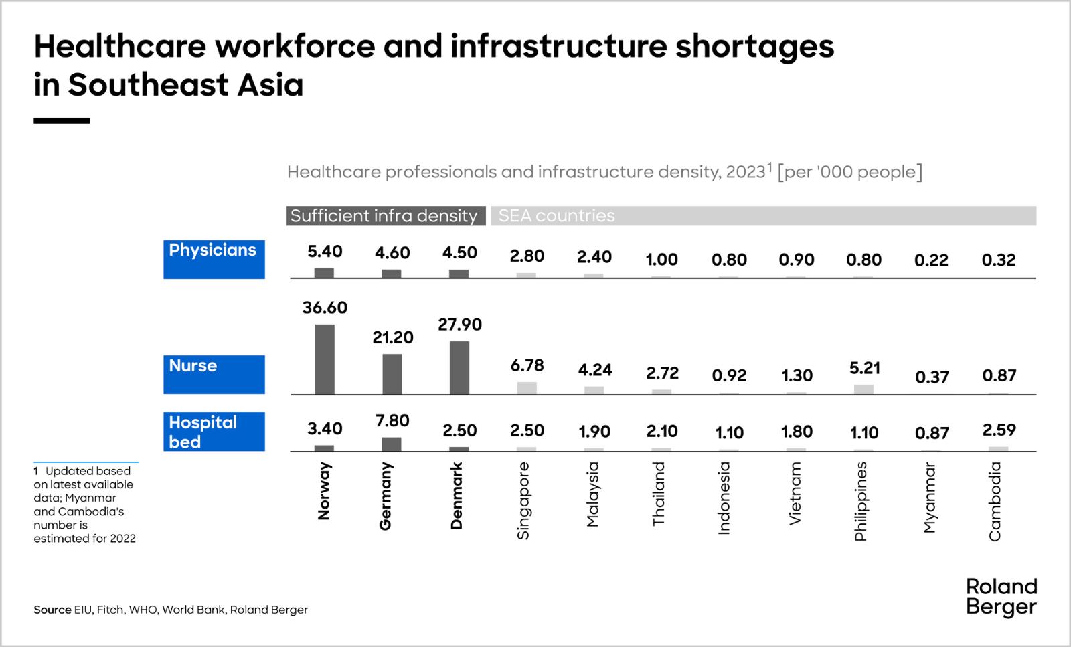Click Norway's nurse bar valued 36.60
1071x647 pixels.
point(325,359)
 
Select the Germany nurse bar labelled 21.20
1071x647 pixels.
point(392,374)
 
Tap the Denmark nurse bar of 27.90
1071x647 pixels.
point(459,368)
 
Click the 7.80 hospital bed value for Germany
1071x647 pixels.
point(393,420)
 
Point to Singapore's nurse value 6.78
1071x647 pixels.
point(527,365)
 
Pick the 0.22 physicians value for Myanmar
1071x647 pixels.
point(931,260)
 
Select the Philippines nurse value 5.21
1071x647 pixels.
point(863,368)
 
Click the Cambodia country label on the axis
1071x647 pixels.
point(995,501)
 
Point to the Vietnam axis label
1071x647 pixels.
point(795,494)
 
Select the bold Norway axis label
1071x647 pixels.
point(325,491)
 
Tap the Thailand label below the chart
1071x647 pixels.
point(659,494)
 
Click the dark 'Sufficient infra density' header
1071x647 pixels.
point(386,216)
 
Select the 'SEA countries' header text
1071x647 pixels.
point(556,216)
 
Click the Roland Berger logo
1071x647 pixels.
point(1001,597)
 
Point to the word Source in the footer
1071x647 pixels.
point(52,610)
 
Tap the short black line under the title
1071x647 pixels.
point(62,121)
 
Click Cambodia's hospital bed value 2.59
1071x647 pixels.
point(998,430)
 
